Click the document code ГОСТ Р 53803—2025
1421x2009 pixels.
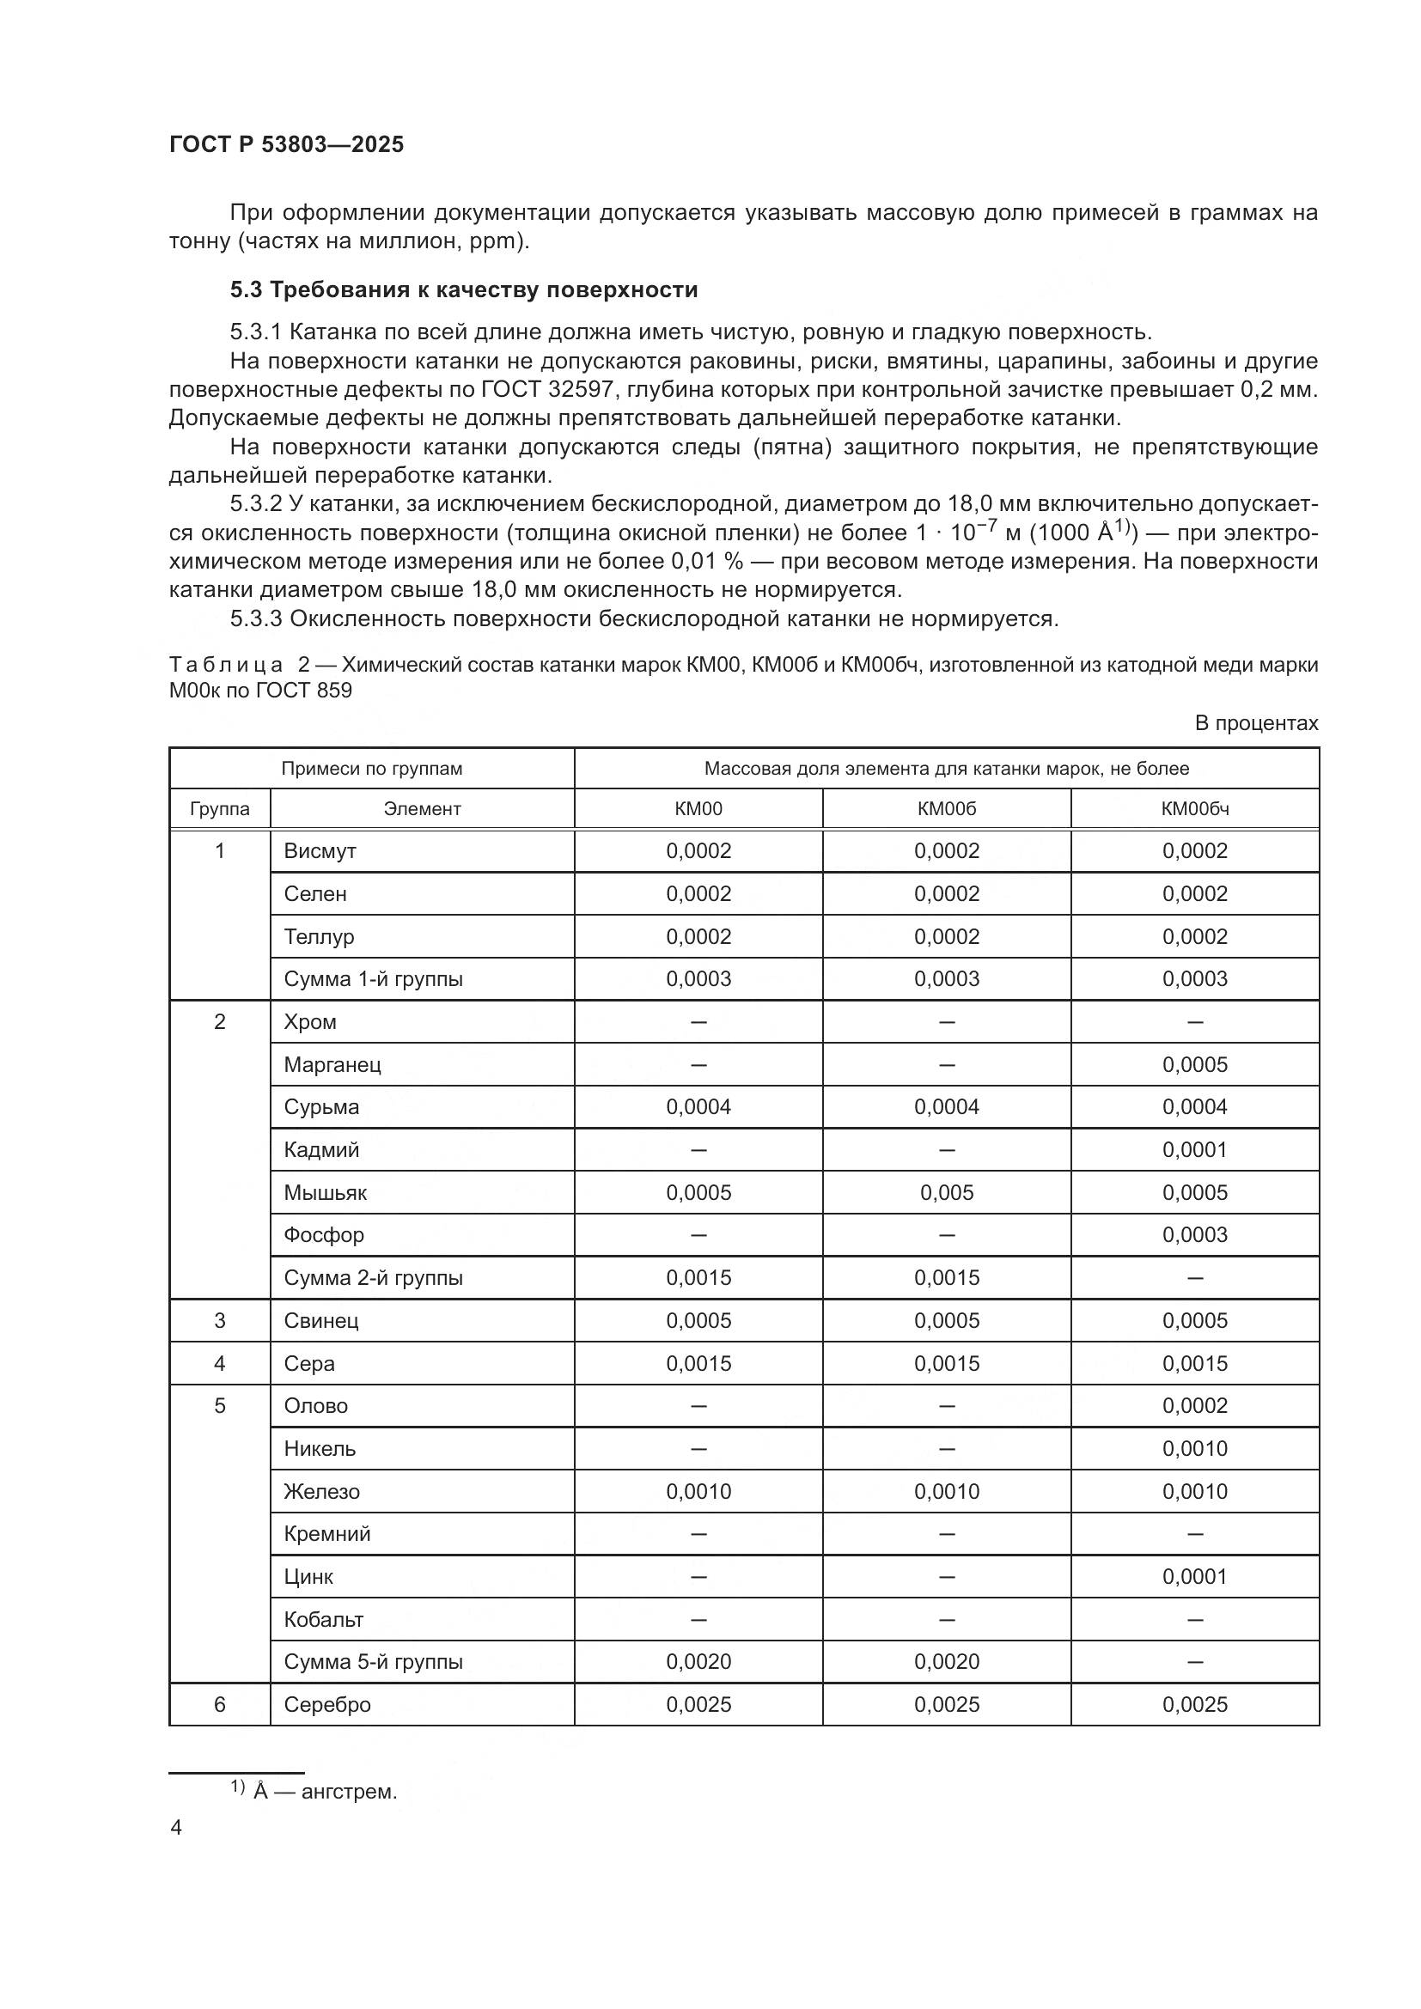pyautogui.click(x=286, y=144)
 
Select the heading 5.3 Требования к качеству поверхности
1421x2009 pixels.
pyautogui.click(x=464, y=289)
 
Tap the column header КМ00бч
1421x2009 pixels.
pyautogui.click(x=1194, y=808)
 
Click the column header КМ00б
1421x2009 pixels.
pyautogui.click(x=946, y=808)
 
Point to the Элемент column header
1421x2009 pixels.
pyautogui.click(x=422, y=808)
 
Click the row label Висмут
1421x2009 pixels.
pyautogui.click(x=320, y=850)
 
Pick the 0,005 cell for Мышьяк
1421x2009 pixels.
pyautogui.click(x=946, y=1193)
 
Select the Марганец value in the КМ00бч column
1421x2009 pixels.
pyautogui.click(x=1194, y=1065)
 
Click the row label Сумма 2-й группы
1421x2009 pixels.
pyautogui.click(x=373, y=1277)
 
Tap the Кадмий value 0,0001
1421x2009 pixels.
pyautogui.click(x=1194, y=1150)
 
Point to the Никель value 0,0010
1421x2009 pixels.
pyautogui.click(x=1194, y=1448)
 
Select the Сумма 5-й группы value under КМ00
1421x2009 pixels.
pyautogui.click(x=698, y=1662)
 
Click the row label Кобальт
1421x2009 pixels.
pyautogui.click(x=324, y=1619)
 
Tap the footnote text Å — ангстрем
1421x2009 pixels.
pyautogui.click(x=325, y=1792)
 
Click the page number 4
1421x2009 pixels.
pyautogui.click(x=176, y=1828)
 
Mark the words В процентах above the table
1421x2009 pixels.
pyautogui.click(x=1256, y=722)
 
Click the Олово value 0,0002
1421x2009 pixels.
pyautogui.click(x=1194, y=1405)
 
